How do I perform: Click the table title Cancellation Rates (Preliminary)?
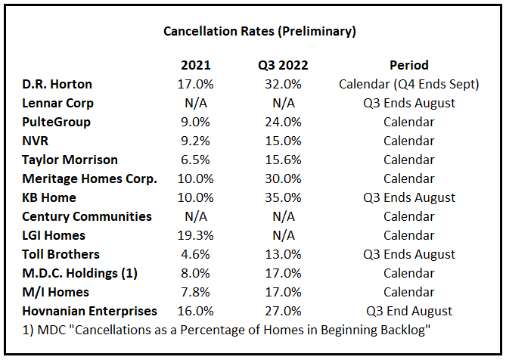260,32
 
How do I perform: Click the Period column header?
409,65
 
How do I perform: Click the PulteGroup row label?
57,122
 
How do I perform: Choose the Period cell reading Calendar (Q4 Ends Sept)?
409,84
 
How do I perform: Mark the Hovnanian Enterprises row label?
90,311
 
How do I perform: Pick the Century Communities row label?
87,216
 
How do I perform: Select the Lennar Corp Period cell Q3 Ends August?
409,103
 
